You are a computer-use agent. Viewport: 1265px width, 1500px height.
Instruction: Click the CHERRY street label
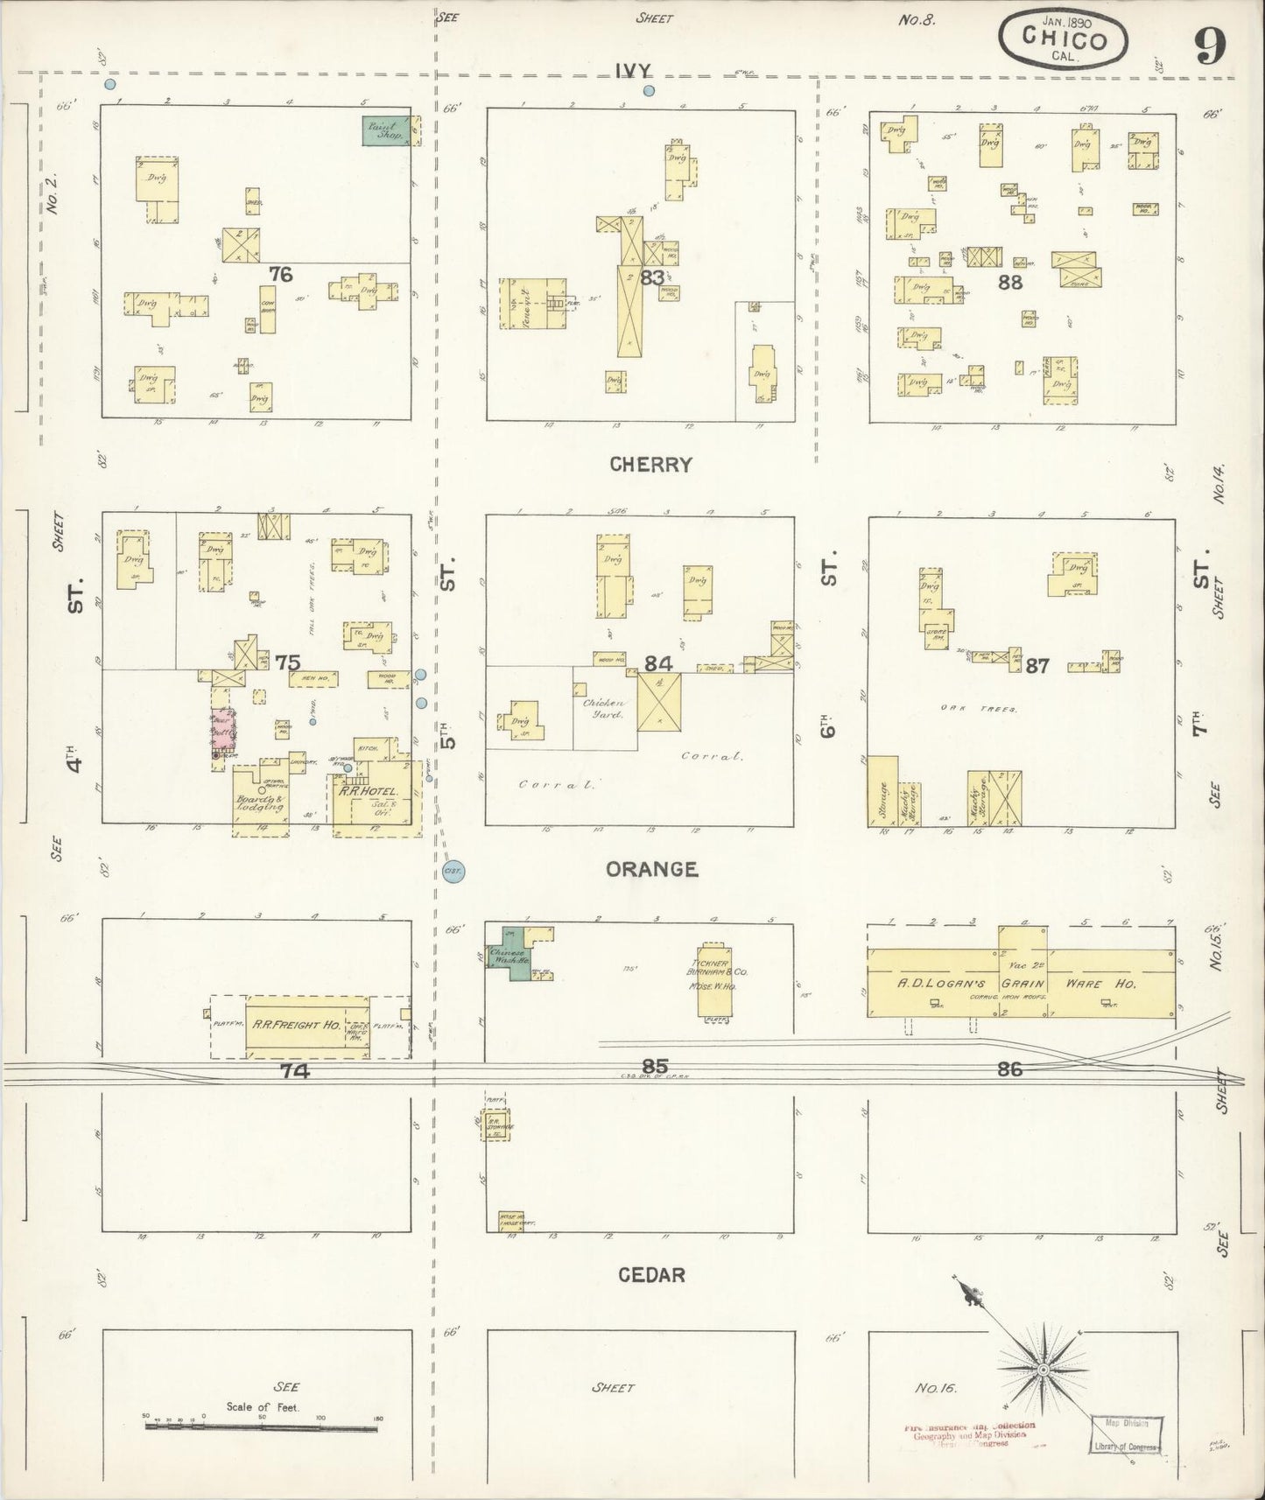coord(650,465)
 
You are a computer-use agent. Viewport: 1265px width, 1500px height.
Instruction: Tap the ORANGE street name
coord(652,869)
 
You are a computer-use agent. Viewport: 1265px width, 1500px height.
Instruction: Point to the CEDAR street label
coord(651,1275)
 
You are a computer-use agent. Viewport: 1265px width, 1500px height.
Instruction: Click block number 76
coord(280,274)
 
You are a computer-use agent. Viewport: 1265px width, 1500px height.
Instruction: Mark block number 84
coord(658,664)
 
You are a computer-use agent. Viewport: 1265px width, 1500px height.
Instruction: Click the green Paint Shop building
coord(386,131)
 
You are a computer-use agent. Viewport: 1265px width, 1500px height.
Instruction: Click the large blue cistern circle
coord(453,872)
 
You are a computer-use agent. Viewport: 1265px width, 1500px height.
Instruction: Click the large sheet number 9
coord(1209,45)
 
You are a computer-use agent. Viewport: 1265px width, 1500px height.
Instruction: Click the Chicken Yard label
coord(604,709)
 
